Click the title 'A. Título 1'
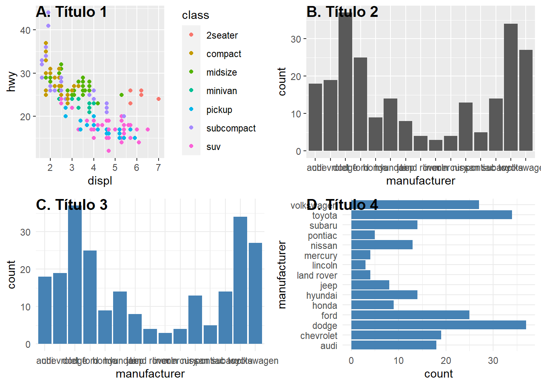[x=71, y=12]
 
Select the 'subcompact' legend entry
[x=231, y=128]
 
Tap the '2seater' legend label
[x=222, y=35]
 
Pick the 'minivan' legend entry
[x=221, y=91]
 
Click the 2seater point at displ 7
[x=159, y=99]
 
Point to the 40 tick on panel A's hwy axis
[x=25, y=30]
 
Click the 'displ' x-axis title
[x=100, y=181]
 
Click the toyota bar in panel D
[x=432, y=215]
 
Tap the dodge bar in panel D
[x=438, y=325]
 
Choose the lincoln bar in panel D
[x=358, y=265]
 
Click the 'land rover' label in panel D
[x=317, y=275]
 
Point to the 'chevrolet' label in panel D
[x=318, y=336]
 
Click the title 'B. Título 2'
[x=342, y=12]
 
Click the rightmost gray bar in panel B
[x=526, y=101]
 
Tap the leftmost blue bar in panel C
[x=45, y=310]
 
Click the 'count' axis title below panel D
[x=438, y=374]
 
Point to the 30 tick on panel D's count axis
[x=493, y=361]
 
